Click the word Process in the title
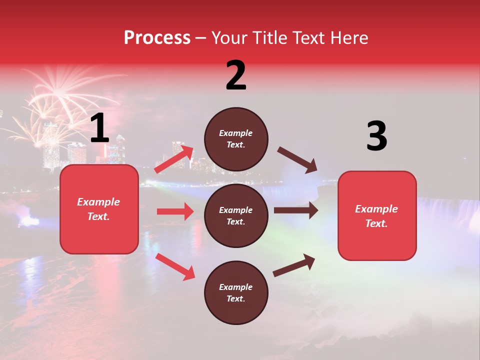click(157, 38)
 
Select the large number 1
click(99, 128)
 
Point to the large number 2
click(236, 75)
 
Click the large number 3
click(376, 136)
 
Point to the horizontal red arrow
click(175, 211)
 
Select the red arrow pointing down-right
click(175, 266)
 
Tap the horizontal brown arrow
click(296, 210)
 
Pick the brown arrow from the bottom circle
click(294, 265)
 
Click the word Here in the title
click(349, 38)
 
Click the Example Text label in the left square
click(98, 209)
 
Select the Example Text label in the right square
click(376, 216)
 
